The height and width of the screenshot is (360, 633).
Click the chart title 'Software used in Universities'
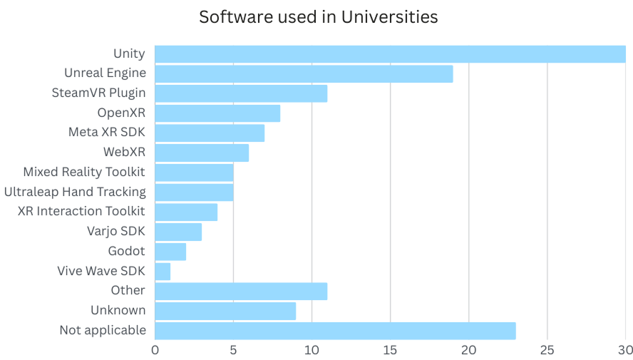[x=318, y=17]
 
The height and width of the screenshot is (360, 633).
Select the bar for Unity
[x=390, y=53]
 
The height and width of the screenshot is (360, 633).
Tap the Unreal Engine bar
[x=304, y=73]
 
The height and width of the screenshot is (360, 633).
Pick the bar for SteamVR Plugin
[x=241, y=93]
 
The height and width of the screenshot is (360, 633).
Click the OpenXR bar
[x=217, y=113]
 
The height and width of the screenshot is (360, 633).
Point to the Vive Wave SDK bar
[x=163, y=271]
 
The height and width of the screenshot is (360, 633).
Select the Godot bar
[x=170, y=251]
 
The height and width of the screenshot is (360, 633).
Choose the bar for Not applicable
[x=335, y=330]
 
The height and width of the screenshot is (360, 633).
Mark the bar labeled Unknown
[x=225, y=310]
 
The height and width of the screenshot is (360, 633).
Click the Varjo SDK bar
[x=178, y=232]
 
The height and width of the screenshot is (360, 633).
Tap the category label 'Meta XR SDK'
[x=107, y=133]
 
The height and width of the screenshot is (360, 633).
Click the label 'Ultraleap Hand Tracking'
[x=75, y=192]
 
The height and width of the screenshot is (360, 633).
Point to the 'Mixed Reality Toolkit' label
[x=84, y=172]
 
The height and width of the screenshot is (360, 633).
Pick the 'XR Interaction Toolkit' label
[x=81, y=212]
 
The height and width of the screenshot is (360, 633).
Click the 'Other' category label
[x=128, y=290]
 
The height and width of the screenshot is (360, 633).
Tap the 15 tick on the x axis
[x=390, y=350]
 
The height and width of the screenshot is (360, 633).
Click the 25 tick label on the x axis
[x=547, y=350]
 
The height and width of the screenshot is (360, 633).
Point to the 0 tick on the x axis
[x=155, y=350]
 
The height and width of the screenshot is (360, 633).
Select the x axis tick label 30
[x=624, y=350]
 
